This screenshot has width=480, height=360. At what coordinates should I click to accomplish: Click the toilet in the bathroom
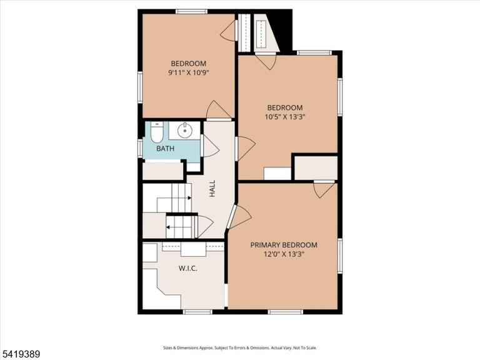coord(157,132)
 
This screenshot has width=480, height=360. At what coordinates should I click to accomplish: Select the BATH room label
coord(165,149)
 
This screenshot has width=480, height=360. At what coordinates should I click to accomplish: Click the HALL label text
coord(212,188)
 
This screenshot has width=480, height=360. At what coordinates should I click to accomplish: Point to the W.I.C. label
coord(187,269)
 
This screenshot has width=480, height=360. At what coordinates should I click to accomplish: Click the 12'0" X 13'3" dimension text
coord(284,254)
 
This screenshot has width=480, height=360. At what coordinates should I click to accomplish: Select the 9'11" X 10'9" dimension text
coord(189,72)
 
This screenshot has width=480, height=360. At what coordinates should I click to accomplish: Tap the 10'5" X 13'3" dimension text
coord(285,117)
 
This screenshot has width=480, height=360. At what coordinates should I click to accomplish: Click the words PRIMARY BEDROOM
coord(284,245)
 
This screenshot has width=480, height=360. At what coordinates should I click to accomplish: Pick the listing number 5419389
coord(20,354)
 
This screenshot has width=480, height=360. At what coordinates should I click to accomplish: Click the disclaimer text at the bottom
coord(240,347)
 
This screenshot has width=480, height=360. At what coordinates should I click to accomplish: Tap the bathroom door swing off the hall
coord(211,146)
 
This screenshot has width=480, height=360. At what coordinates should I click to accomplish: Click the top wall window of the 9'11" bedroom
coord(191,12)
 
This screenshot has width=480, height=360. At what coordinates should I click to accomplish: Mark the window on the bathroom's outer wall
coord(140,149)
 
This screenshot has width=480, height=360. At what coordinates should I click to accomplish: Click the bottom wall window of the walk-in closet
coord(197,312)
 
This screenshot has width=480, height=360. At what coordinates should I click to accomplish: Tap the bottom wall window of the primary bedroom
coord(285,312)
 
